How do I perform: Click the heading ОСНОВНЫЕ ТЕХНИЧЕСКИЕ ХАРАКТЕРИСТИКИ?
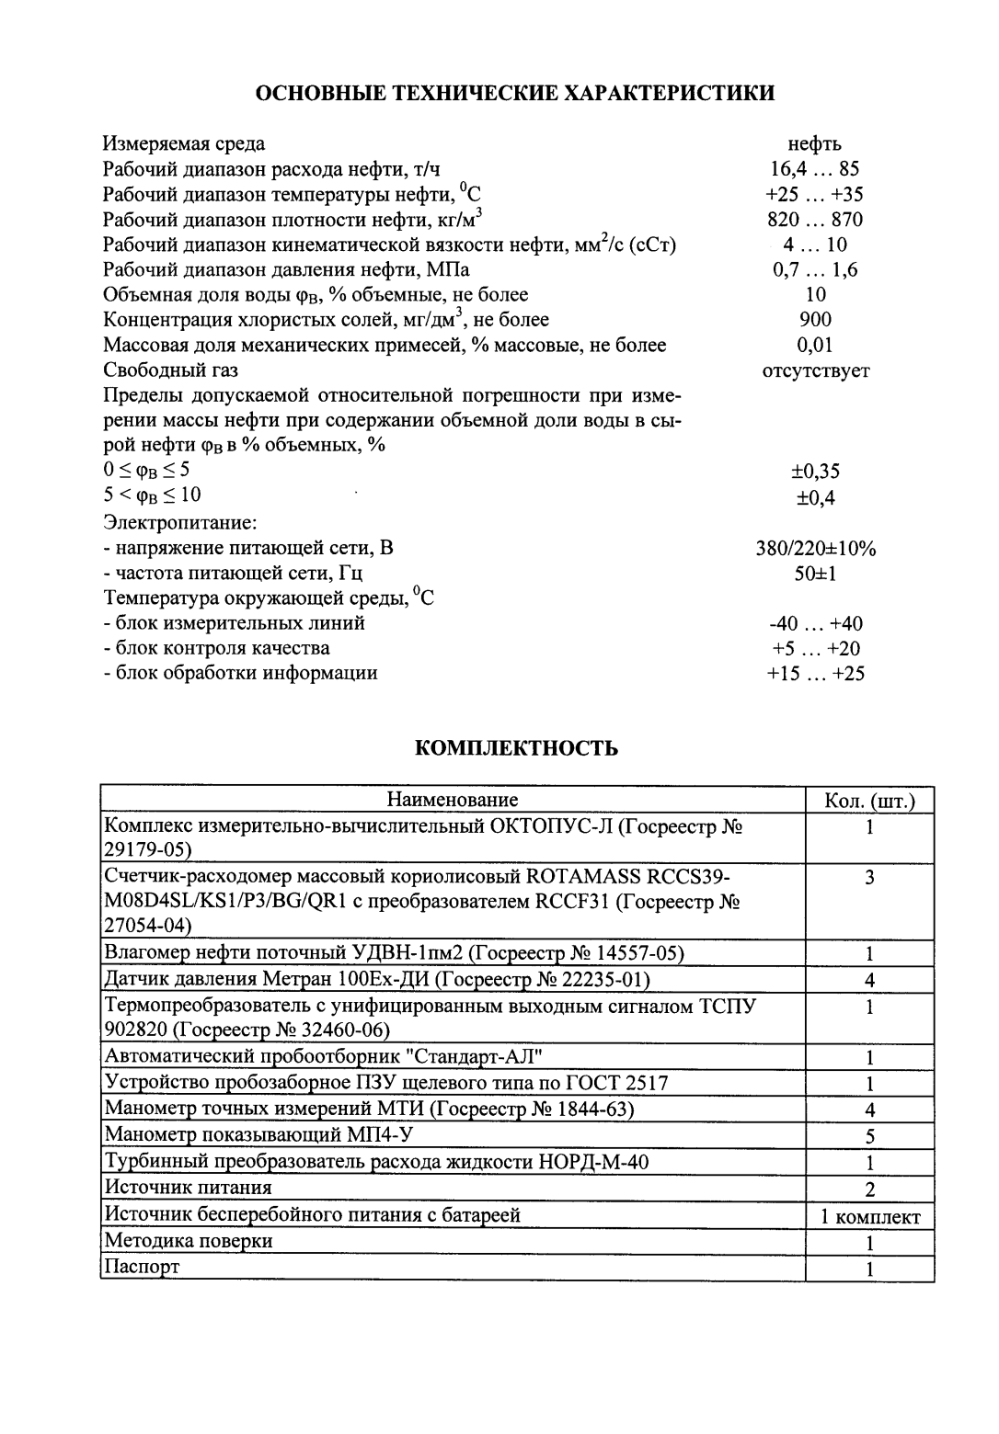(x=514, y=93)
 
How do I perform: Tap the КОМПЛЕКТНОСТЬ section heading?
(x=517, y=748)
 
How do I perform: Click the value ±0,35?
(x=816, y=472)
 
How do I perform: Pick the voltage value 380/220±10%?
(x=815, y=549)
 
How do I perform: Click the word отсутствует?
(x=816, y=370)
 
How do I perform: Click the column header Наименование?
(x=452, y=800)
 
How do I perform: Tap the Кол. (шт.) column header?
(x=869, y=801)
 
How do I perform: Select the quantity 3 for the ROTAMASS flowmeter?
(x=869, y=878)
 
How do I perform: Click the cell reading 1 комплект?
(x=870, y=1217)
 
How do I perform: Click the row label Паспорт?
(x=143, y=1267)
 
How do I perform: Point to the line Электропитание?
(x=179, y=523)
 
